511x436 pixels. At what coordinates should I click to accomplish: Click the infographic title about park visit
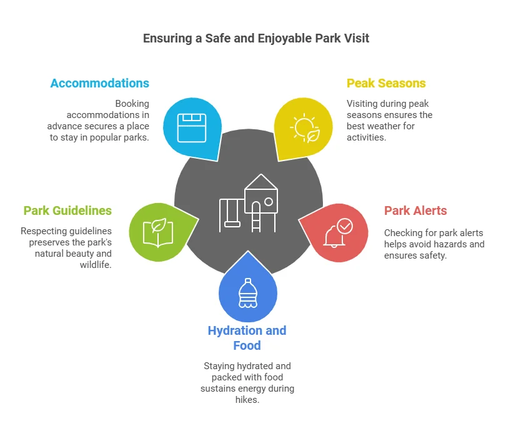[256, 39]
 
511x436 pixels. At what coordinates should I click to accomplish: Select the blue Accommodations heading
[100, 84]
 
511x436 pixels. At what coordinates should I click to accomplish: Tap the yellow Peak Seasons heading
[386, 84]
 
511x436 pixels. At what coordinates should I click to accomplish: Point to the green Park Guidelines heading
[67, 211]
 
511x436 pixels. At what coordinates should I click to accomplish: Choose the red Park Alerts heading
[415, 211]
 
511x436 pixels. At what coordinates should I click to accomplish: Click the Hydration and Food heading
[247, 338]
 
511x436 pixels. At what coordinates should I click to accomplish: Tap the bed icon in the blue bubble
[192, 127]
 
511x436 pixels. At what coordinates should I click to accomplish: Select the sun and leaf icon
[305, 128]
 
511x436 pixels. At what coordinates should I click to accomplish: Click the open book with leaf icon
[158, 232]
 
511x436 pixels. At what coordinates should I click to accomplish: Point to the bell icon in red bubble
[334, 236]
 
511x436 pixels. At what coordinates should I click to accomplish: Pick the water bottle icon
[248, 294]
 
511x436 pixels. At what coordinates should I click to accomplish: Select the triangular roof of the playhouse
[261, 182]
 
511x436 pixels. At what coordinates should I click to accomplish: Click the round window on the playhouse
[269, 202]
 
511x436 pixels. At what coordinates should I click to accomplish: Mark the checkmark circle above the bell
[345, 226]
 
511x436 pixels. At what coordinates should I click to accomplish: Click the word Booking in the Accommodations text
[132, 104]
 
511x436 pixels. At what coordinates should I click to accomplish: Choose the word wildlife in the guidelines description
[96, 265]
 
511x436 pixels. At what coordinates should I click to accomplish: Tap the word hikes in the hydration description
[247, 400]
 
